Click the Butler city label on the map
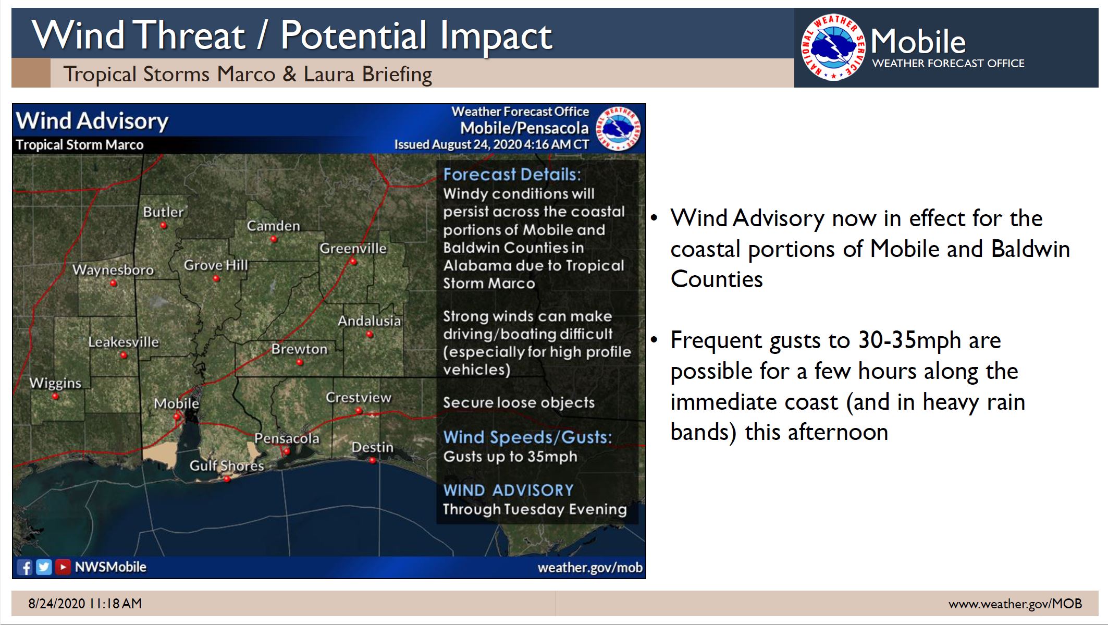[163, 212]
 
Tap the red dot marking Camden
[274, 239]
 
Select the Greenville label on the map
[353, 248]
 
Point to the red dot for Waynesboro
[113, 284]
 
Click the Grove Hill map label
[216, 265]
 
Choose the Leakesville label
[123, 342]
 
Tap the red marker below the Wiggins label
[55, 397]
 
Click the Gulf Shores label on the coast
[227, 465]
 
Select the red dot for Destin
[372, 460]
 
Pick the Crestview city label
[358, 397]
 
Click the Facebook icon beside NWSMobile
[24, 567]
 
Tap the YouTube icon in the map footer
[63, 567]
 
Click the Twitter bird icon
[44, 567]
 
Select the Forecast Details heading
[511, 174]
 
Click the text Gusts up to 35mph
[510, 456]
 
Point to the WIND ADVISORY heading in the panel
[508, 490]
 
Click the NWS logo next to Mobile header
[832, 47]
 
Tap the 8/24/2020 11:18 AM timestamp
[85, 604]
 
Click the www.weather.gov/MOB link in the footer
[1015, 604]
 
